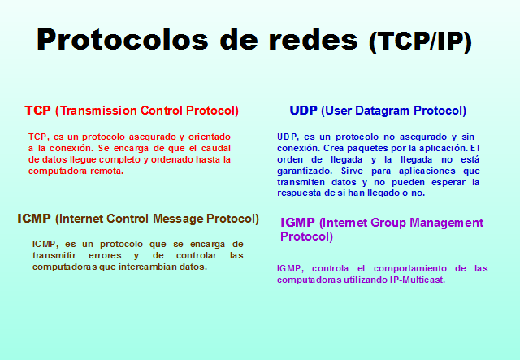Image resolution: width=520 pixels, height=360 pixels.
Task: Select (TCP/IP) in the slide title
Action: tap(419, 41)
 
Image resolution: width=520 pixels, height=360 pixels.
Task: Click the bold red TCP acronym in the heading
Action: tap(37, 111)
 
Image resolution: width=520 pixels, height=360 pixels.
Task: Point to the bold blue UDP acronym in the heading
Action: tap(304, 111)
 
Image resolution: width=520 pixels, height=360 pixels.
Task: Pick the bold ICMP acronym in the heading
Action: tap(34, 219)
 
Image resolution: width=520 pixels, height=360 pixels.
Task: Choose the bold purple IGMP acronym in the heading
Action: tap(298, 223)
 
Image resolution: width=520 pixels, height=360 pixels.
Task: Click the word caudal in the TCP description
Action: tap(215, 149)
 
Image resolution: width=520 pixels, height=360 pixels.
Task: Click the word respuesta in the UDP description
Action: tap(300, 194)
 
